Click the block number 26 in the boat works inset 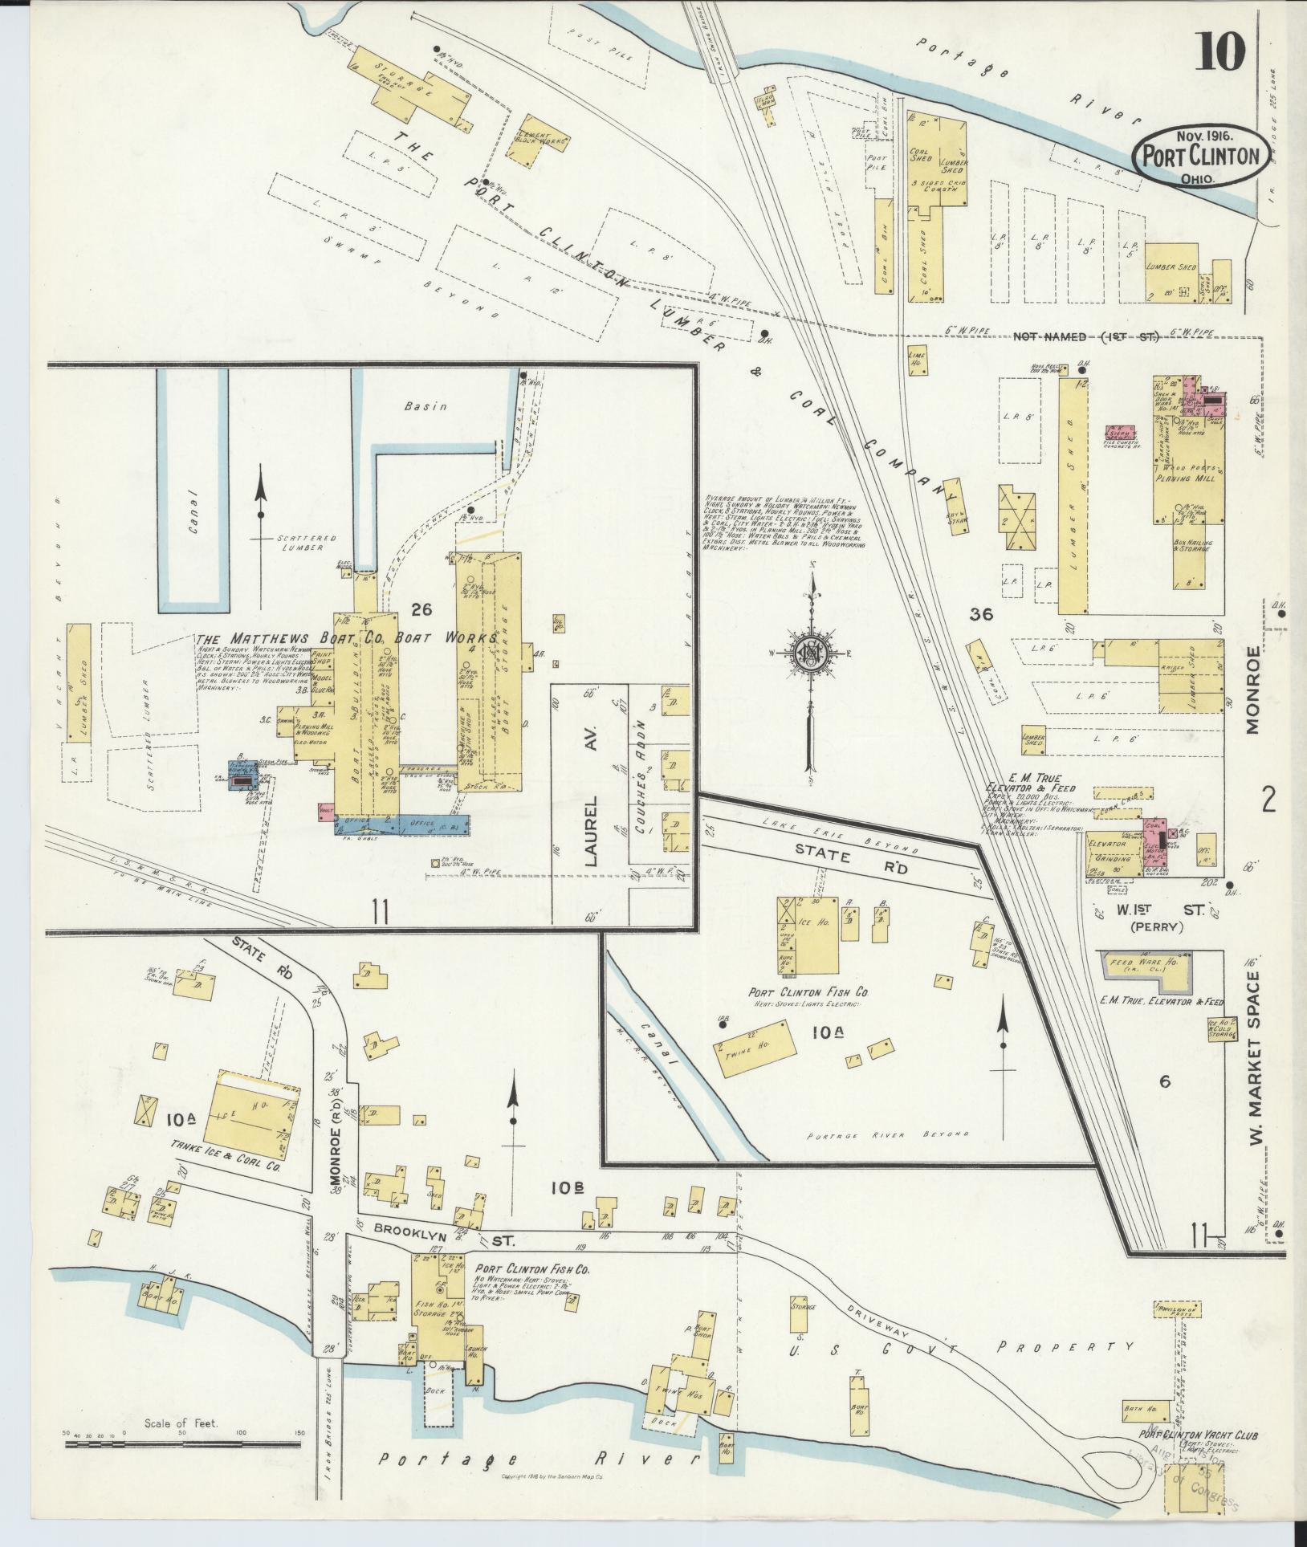pos(421,610)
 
